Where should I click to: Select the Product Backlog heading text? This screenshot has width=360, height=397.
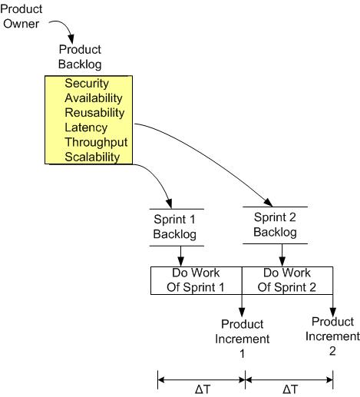[80, 57]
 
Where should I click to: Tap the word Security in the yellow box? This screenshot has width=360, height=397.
[87, 83]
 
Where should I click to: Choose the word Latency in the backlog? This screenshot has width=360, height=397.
[87, 127]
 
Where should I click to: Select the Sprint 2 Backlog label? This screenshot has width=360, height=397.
[275, 225]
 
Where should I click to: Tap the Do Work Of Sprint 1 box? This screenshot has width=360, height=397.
[197, 280]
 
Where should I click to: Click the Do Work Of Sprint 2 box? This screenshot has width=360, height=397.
[288, 280]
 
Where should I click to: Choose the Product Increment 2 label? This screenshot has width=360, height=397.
[332, 336]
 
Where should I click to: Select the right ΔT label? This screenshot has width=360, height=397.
[290, 389]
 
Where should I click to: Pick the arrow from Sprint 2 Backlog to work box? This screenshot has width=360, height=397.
[282, 253]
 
